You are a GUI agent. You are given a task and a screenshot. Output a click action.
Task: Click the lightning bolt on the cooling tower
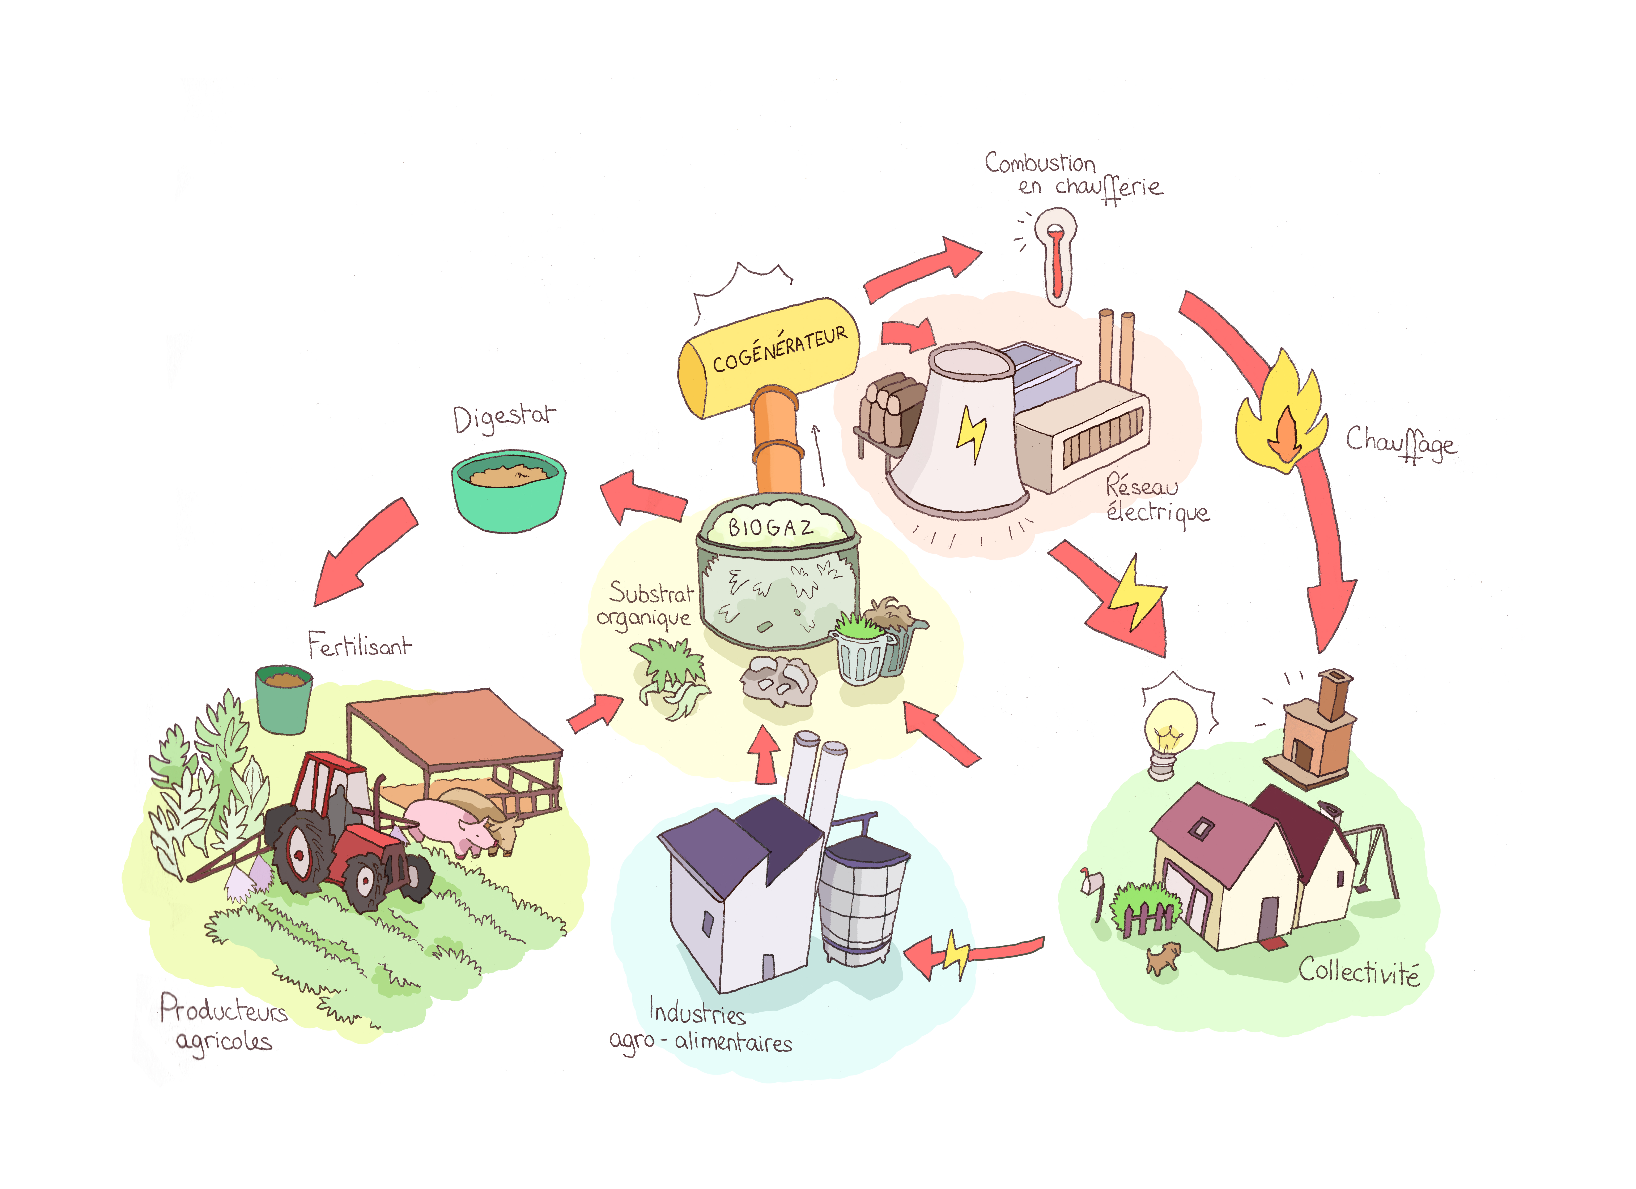(x=971, y=433)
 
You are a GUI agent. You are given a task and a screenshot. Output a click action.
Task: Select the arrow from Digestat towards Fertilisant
(x=364, y=552)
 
